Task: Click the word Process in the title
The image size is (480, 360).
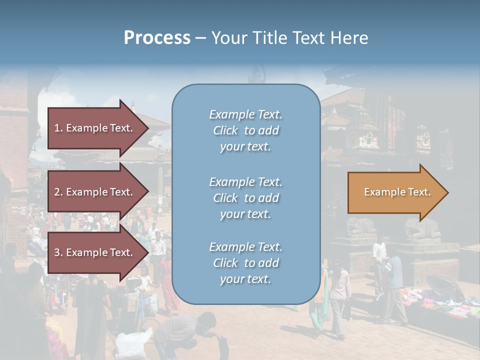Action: pos(157,37)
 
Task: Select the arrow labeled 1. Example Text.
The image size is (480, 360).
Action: pos(95,128)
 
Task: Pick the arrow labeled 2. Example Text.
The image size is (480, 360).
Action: pos(95,192)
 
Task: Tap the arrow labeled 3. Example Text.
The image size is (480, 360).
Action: pos(95,252)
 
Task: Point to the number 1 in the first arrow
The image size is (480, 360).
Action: pos(57,128)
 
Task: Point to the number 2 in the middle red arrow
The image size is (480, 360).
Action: pos(57,192)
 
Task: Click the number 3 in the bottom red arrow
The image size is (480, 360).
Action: pos(57,252)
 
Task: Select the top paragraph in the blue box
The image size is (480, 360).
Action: pos(245,130)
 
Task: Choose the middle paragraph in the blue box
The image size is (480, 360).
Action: pos(245,198)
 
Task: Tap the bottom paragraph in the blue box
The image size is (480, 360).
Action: pos(245,263)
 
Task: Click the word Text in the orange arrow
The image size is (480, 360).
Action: pos(419,192)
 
